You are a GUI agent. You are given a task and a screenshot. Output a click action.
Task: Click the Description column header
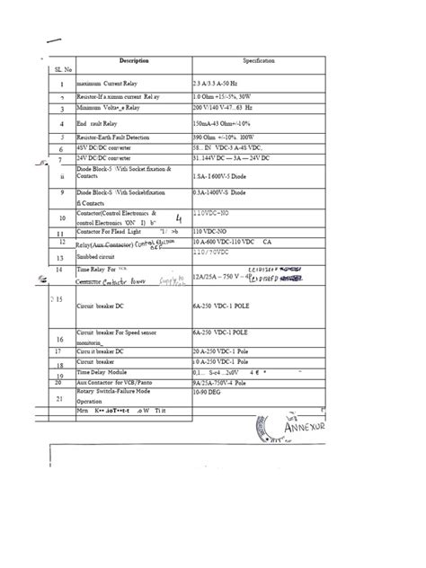click(132, 61)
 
